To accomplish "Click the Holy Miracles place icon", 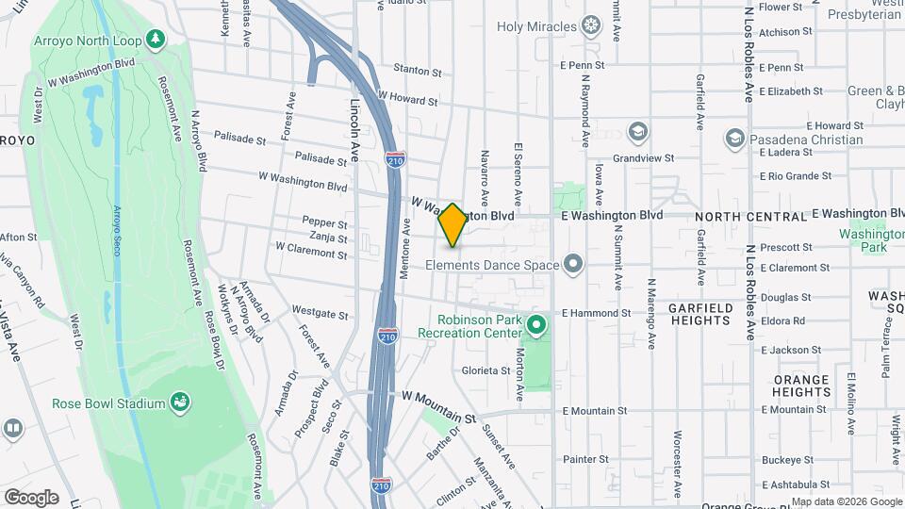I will [591, 25].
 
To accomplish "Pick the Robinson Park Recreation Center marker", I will [536, 326].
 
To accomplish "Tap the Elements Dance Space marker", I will [572, 264].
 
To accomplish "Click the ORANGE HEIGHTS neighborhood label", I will [801, 386].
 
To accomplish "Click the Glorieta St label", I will [485, 370].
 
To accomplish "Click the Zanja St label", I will [328, 238].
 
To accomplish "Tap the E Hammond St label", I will [596, 313].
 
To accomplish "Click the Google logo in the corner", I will [31, 497].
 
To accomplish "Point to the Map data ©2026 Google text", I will [846, 501].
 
